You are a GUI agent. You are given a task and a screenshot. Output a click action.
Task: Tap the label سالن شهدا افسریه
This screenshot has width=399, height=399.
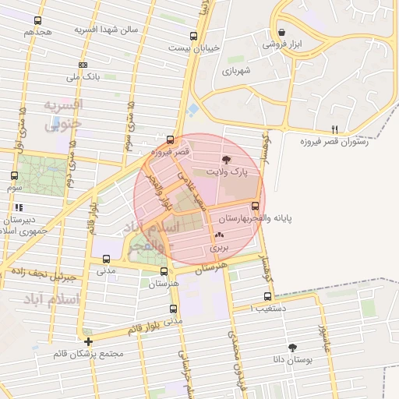click(x=106, y=29)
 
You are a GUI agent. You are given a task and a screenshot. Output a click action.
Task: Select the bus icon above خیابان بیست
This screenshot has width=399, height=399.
click(x=193, y=36)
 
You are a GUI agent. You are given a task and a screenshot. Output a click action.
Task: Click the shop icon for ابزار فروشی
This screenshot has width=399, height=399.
click(x=281, y=33)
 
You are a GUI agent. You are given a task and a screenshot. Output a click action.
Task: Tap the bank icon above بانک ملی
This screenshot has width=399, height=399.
click(x=83, y=65)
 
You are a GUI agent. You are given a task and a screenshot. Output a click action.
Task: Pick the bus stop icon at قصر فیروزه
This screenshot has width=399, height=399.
click(x=171, y=140)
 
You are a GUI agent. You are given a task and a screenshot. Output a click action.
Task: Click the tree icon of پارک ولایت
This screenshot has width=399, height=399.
click(x=226, y=159)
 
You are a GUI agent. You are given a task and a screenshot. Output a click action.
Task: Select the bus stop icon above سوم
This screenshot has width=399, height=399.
click(x=14, y=176)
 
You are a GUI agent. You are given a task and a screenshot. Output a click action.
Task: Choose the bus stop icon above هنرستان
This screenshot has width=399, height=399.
click(x=163, y=272)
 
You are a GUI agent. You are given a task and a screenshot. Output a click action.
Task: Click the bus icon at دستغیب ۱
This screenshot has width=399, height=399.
click(x=268, y=297)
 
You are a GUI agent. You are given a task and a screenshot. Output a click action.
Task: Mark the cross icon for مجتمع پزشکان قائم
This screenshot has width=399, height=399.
click(x=89, y=341)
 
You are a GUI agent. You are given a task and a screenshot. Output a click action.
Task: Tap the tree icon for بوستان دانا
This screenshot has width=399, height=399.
click(x=292, y=348)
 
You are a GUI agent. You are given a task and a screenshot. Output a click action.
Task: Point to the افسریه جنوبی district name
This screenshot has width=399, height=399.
click(x=62, y=114)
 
